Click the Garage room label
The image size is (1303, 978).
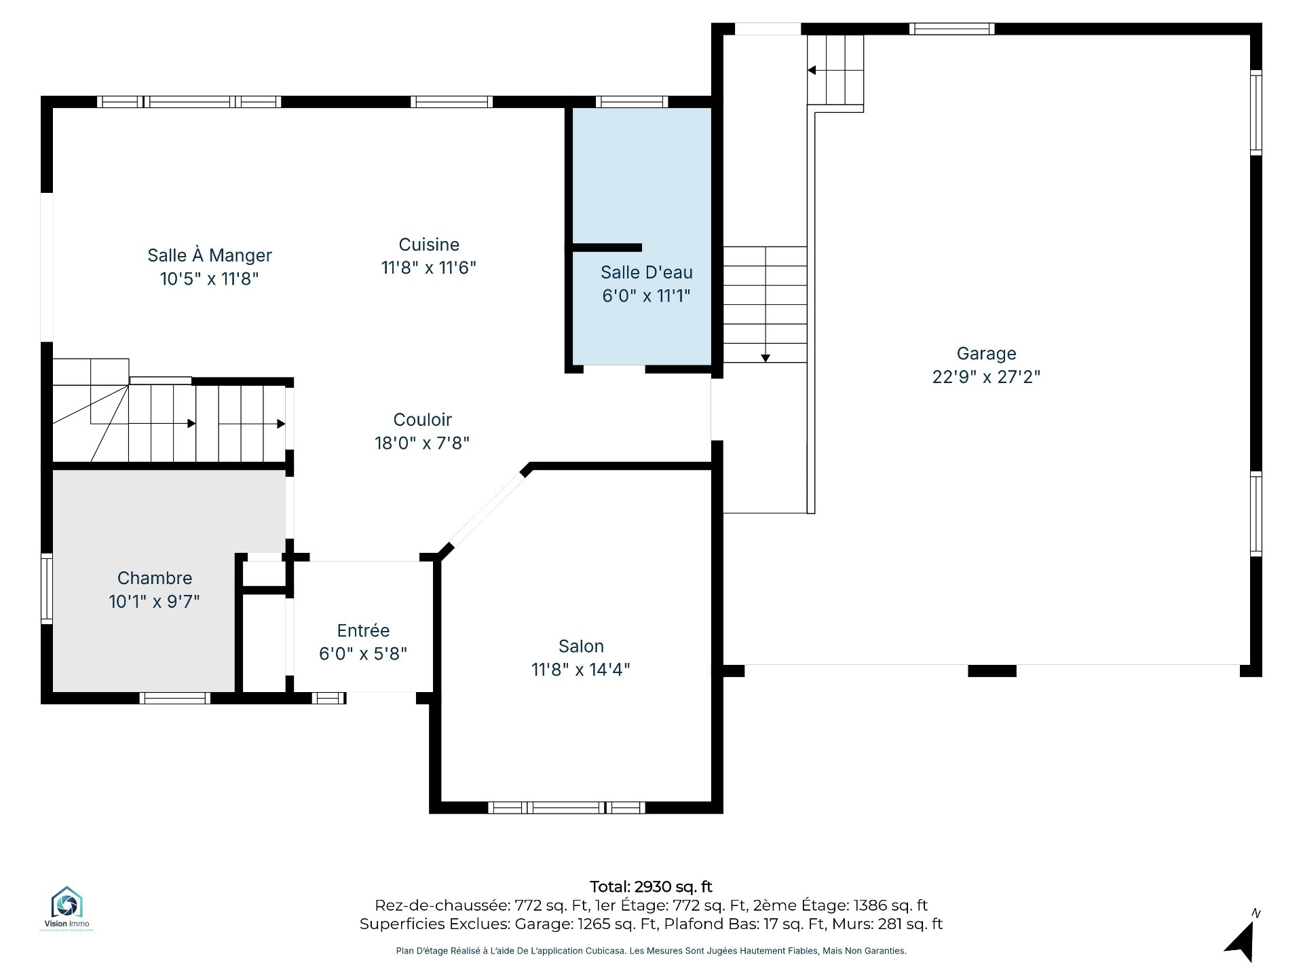click(986, 354)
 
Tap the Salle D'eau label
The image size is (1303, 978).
click(647, 272)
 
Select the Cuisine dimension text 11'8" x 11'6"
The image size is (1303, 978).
click(429, 268)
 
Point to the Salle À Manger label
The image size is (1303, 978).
click(210, 255)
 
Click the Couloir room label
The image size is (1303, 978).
click(423, 420)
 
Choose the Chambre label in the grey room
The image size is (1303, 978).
click(155, 578)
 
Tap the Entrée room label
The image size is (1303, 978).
click(363, 630)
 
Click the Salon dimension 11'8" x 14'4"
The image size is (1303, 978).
click(581, 670)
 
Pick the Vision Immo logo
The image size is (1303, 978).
click(67, 908)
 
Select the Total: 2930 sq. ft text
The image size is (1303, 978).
click(651, 886)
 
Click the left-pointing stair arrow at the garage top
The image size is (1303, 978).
click(835, 70)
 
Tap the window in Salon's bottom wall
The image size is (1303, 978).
click(567, 808)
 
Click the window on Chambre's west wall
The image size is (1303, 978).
click(47, 588)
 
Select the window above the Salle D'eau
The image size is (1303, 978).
click(632, 102)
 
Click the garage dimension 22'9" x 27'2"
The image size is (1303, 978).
click(986, 377)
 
